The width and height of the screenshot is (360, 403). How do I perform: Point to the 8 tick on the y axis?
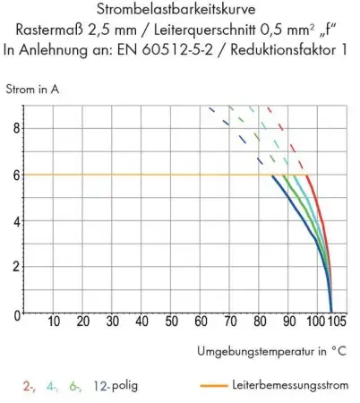click(13, 127)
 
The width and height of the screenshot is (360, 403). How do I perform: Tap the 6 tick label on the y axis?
click(13, 175)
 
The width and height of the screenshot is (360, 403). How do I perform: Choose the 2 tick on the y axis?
click(13, 266)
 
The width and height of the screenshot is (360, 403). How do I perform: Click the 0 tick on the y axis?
click(13, 314)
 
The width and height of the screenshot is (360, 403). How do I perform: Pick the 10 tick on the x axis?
click(53, 323)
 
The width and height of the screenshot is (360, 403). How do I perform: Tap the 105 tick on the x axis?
click(334, 323)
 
